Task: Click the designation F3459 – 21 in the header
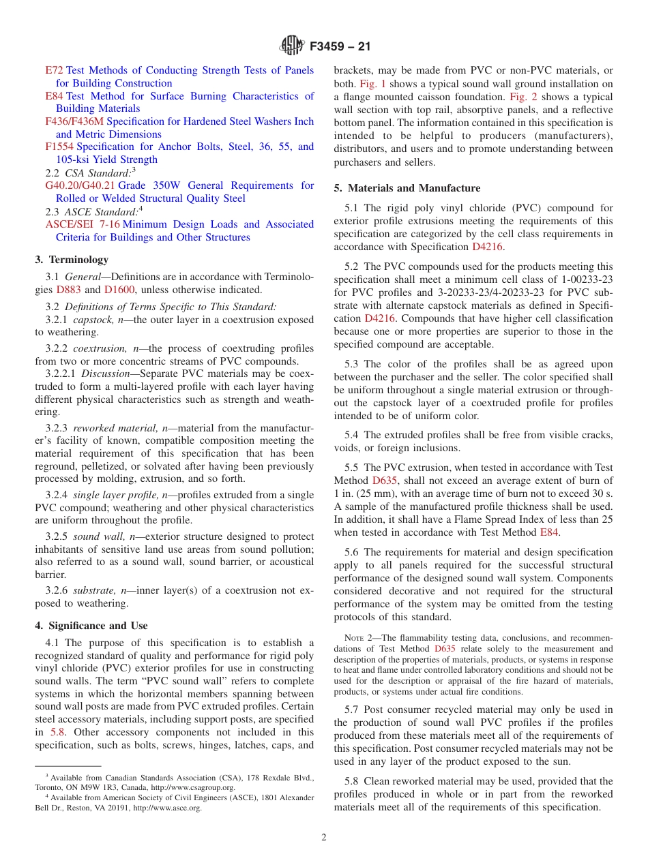340,47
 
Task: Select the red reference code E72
54,70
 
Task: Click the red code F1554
59,147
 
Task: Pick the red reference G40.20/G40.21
80,185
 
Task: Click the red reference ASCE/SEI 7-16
82,224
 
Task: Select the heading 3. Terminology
71,260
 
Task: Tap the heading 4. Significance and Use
91,626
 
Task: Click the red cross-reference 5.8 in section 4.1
58,733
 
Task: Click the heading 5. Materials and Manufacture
407,188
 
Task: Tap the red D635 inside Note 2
445,649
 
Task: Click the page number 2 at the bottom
324,838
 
